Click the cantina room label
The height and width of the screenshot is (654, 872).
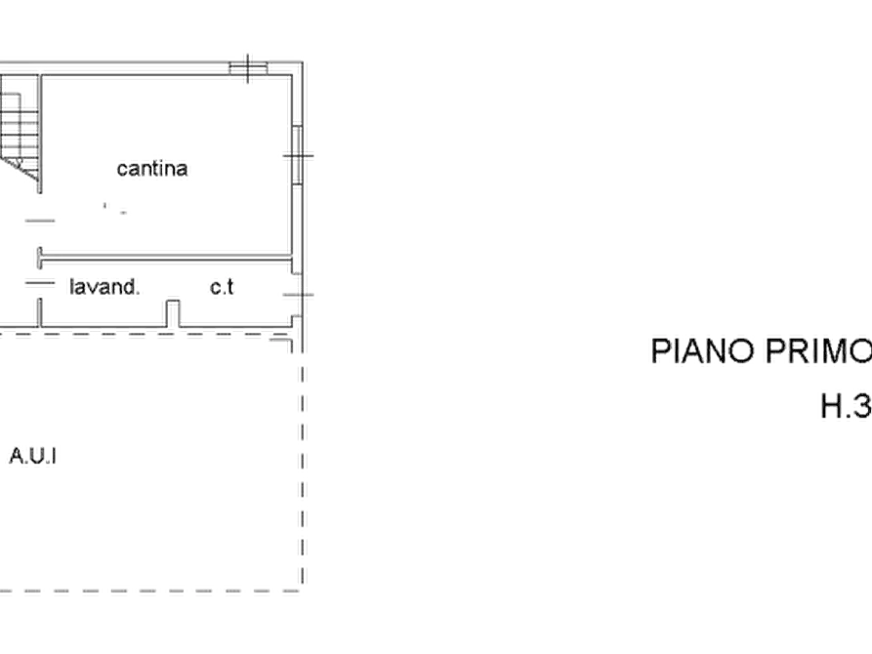click(x=152, y=169)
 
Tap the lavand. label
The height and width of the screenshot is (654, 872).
click(x=104, y=287)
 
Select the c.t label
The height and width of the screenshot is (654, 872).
click(x=222, y=287)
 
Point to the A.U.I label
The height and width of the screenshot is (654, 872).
click(x=33, y=456)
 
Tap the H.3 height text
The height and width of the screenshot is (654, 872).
click(x=847, y=406)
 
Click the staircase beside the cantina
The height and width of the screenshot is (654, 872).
click(x=20, y=134)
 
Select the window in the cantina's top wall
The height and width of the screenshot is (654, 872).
click(x=249, y=68)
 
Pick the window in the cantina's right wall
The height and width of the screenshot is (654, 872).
click(x=298, y=154)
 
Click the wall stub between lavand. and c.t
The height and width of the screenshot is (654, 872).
click(x=173, y=313)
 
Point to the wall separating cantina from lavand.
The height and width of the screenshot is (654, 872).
click(x=165, y=258)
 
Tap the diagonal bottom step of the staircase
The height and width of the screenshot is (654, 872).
click(x=21, y=169)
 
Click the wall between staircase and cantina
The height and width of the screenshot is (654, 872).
click(x=40, y=134)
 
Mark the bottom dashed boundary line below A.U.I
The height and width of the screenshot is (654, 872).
click(x=150, y=591)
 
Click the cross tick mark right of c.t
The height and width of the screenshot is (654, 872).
click(x=299, y=295)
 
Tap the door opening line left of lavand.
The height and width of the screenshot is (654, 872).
click(x=40, y=283)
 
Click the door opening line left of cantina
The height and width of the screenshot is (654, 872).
click(x=40, y=221)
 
